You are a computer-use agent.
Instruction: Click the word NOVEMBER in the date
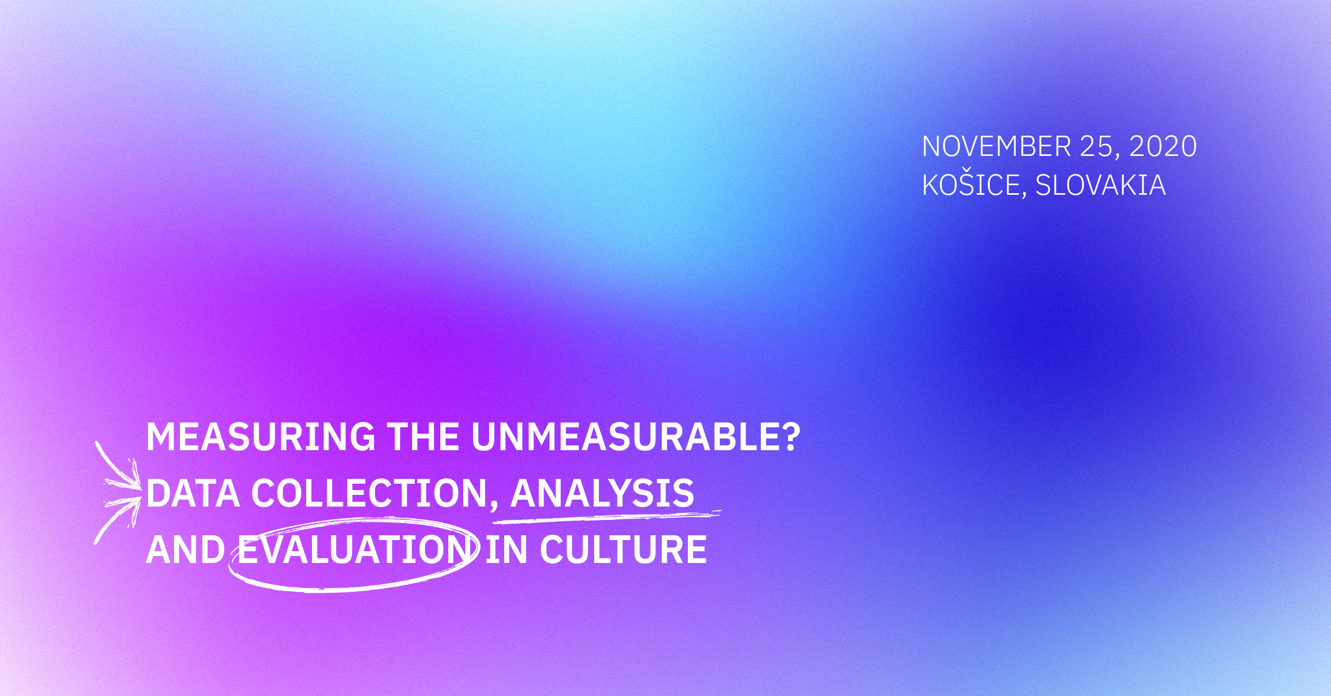tap(997, 146)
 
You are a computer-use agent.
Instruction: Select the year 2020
tap(1163, 146)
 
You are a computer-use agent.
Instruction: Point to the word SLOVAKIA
tap(1100, 185)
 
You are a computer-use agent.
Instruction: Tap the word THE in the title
tap(423, 437)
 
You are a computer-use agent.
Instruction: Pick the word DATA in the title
tap(193, 493)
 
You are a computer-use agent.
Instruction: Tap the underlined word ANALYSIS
tap(602, 493)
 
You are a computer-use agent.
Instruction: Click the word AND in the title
tap(185, 550)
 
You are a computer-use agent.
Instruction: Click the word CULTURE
tap(623, 550)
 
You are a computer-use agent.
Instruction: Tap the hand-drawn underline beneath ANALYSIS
tap(607, 515)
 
